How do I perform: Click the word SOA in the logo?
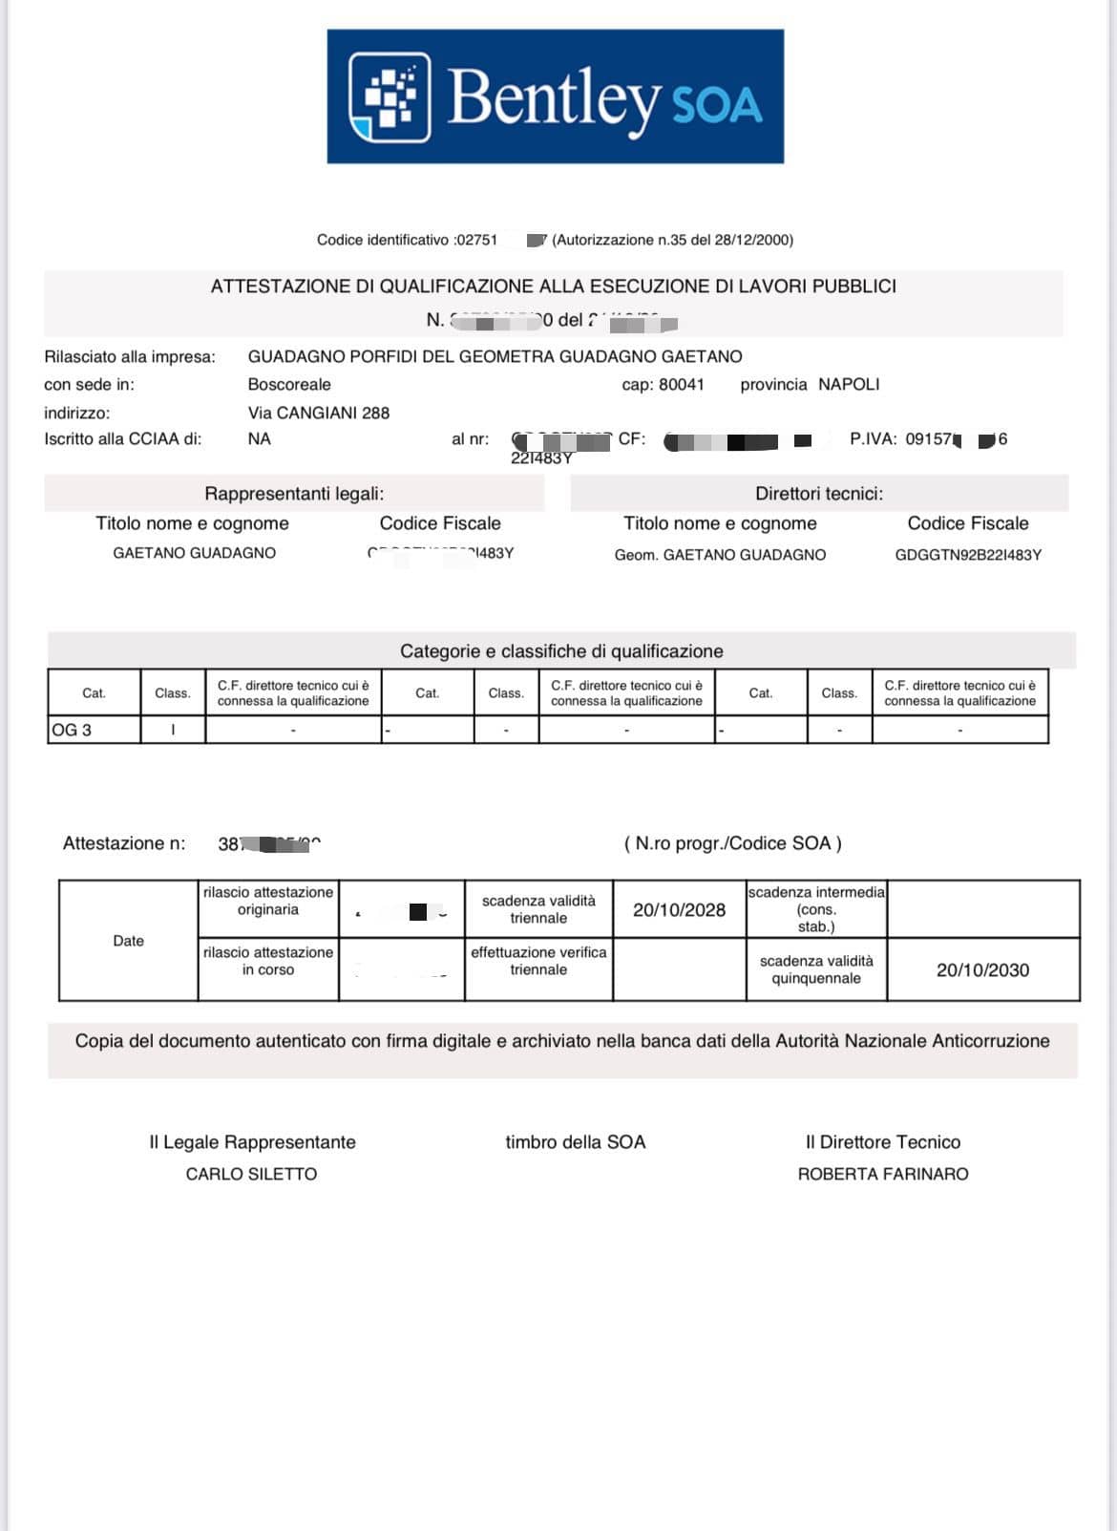[718, 105]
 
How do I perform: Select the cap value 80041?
[682, 385]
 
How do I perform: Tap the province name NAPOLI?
[849, 385]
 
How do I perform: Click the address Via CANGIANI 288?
[319, 414]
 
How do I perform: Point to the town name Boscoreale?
[289, 385]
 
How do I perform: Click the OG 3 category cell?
[94, 731]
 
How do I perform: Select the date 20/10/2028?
[679, 910]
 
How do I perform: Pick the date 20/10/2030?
[982, 970]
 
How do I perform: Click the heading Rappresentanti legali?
[294, 494]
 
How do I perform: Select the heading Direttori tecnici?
[819, 494]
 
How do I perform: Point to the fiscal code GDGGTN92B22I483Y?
[968, 555]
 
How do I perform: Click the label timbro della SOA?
[576, 1142]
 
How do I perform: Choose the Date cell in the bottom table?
[128, 941]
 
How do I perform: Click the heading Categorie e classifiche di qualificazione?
[561, 651]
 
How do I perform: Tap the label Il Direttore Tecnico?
[883, 1142]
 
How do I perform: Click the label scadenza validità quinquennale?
[816, 969]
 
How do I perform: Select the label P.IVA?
[873, 439]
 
